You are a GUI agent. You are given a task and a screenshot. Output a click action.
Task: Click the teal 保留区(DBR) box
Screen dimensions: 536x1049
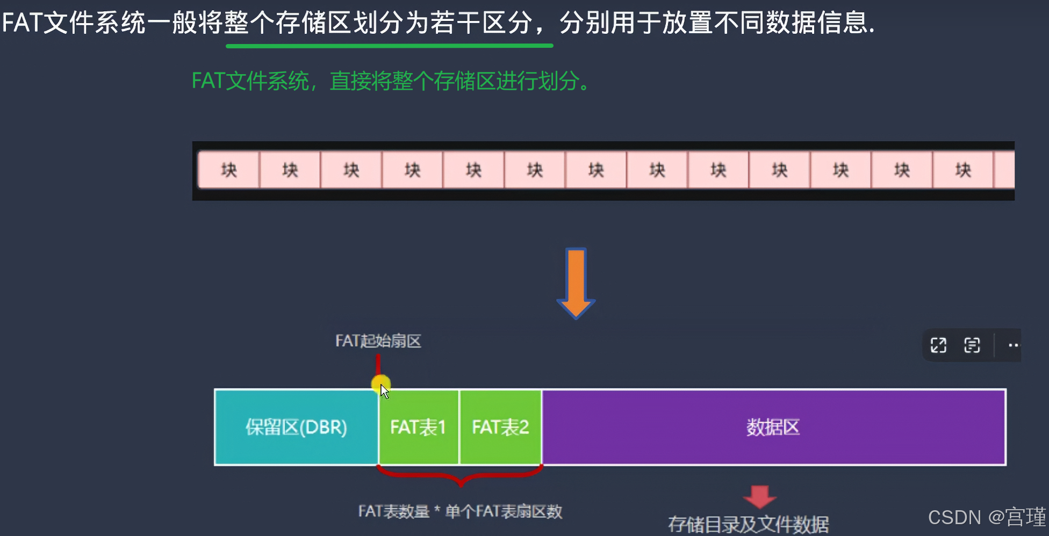coord(296,427)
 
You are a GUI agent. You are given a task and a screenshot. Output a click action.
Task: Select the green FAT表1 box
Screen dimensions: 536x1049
coord(418,427)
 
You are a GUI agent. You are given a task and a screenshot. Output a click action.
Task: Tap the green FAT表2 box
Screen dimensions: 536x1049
coord(500,427)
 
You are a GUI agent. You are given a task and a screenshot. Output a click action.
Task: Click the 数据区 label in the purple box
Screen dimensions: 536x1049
coord(773,427)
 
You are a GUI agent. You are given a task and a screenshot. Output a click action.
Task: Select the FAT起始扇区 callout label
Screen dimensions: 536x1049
coord(378,341)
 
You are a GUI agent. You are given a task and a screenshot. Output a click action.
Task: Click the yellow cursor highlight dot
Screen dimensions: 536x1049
coord(380,383)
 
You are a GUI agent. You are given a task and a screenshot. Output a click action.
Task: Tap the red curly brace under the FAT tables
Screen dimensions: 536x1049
coord(460,475)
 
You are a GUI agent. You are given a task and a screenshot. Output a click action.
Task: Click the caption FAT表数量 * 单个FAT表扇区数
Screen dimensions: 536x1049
coord(460,511)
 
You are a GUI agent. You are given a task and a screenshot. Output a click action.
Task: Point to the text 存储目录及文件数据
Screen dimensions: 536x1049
coord(748,524)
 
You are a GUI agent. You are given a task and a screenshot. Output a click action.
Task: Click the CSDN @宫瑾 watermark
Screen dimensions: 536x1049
coord(987,517)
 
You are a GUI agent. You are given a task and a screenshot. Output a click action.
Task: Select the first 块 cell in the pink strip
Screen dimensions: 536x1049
coord(229,170)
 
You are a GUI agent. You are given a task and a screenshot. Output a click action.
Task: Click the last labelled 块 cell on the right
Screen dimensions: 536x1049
coord(963,170)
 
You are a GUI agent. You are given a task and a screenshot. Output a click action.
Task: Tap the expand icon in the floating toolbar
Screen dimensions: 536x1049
coord(938,345)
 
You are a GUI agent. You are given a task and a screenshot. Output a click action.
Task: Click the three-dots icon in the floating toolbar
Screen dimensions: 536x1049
coord(1013,345)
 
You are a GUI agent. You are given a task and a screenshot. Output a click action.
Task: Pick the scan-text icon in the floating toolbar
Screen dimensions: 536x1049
coord(972,345)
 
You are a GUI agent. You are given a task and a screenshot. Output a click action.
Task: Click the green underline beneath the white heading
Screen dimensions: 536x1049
coord(389,46)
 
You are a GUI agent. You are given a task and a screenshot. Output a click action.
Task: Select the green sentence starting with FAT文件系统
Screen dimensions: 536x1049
coord(391,81)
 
